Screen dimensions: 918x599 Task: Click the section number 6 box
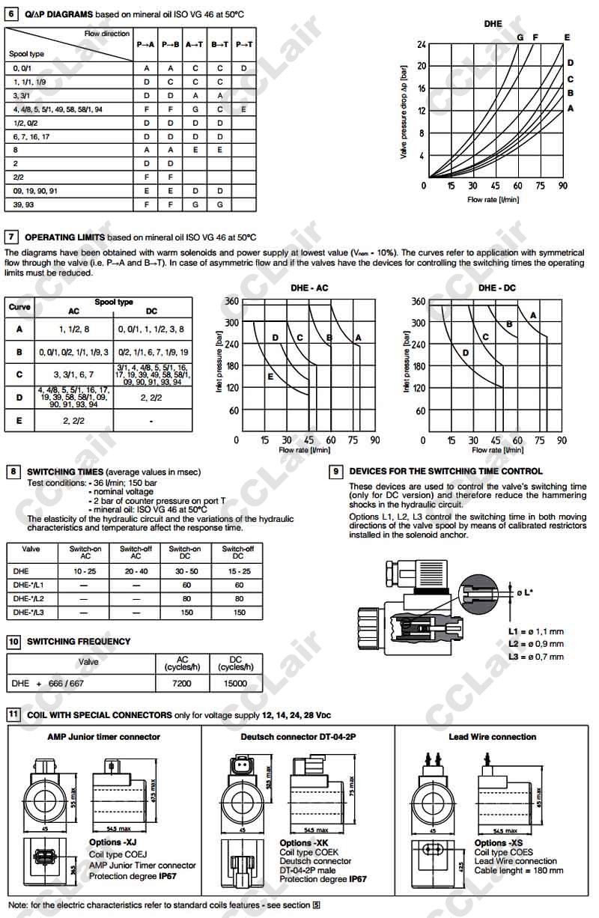pyautogui.click(x=12, y=13)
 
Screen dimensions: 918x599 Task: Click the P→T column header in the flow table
pyautogui.click(x=244, y=45)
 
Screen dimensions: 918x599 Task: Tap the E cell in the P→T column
pyautogui.click(x=244, y=109)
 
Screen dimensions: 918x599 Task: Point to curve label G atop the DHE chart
pyautogui.click(x=520, y=37)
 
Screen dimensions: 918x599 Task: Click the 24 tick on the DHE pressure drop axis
pyautogui.click(x=422, y=44)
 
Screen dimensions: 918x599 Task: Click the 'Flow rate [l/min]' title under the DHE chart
pyautogui.click(x=493, y=199)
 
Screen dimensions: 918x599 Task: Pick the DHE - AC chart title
pyautogui.click(x=309, y=288)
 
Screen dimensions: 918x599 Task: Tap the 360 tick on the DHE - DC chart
pyautogui.click(x=418, y=302)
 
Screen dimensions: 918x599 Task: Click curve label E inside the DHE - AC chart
pyautogui.click(x=270, y=377)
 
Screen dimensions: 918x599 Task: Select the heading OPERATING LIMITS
pyautogui.click(x=65, y=237)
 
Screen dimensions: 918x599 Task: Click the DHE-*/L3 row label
pyautogui.click(x=29, y=612)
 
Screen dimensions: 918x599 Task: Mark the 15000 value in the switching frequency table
pyautogui.click(x=234, y=683)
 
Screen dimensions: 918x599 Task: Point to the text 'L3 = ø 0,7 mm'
pyautogui.click(x=535, y=657)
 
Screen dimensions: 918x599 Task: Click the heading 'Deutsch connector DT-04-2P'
pyautogui.click(x=298, y=737)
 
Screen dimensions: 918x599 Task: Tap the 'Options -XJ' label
pyautogui.click(x=108, y=843)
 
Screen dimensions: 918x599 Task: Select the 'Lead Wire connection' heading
pyautogui.click(x=492, y=737)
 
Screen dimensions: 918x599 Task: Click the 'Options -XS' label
pyautogui.click(x=499, y=843)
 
